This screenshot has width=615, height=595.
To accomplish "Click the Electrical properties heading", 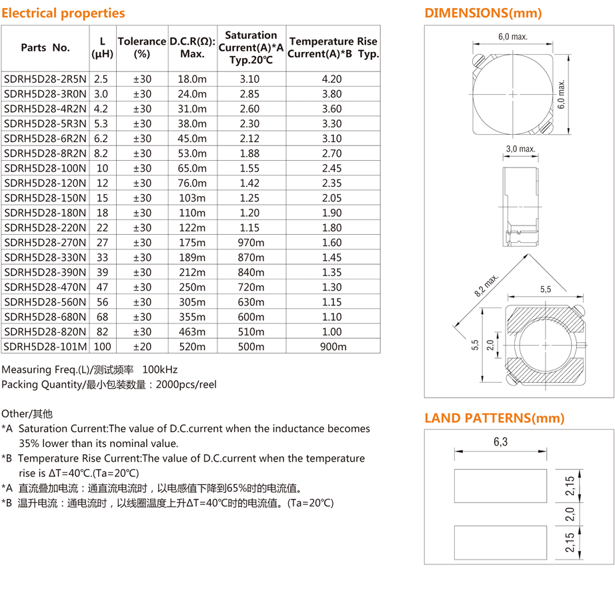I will [63, 13].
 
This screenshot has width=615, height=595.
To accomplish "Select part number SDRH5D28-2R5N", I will [45, 79].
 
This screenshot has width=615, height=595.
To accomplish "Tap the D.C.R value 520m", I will [192, 347].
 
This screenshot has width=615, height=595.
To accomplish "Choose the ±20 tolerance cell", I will [142, 347].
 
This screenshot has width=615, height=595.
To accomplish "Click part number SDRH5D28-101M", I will [45, 347].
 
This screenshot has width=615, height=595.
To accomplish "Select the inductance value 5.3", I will [101, 124].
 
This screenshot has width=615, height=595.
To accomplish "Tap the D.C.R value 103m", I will [192, 198].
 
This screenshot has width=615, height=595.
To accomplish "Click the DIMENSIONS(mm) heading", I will [483, 13].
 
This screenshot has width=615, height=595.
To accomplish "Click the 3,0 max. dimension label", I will [521, 149].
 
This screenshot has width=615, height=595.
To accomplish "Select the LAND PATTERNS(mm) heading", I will [494, 419].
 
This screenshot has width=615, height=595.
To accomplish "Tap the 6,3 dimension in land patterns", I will [500, 442].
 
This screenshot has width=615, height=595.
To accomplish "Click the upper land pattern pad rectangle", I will [500, 486].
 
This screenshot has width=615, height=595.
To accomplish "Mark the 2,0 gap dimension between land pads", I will [569, 514].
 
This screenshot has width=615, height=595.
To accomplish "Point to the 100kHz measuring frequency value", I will [160, 370].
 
